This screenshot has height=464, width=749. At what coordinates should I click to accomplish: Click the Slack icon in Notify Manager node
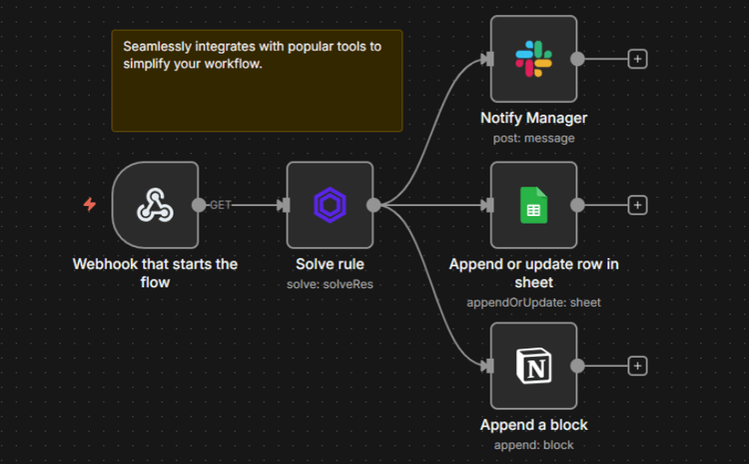tap(533, 58)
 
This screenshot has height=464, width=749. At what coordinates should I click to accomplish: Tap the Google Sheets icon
tap(533, 205)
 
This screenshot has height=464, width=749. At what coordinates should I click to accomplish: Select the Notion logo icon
tap(533, 367)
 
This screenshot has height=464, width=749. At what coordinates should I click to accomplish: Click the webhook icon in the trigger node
tap(155, 205)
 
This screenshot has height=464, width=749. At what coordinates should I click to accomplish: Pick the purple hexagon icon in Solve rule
tap(330, 205)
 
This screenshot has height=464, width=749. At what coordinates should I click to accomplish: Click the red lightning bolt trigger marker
tap(90, 205)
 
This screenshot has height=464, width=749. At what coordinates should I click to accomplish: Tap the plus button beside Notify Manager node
tap(638, 58)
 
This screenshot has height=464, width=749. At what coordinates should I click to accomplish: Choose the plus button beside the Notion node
tap(638, 367)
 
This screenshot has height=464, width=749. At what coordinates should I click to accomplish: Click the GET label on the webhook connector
tap(221, 205)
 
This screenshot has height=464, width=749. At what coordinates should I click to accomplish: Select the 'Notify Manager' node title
tap(533, 118)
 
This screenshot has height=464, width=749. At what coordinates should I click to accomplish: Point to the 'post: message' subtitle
tap(533, 138)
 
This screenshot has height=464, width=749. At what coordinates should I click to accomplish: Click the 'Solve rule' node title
tap(330, 265)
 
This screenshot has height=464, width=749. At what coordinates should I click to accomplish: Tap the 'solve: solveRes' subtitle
tap(330, 284)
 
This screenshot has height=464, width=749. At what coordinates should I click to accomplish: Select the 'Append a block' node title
tap(533, 425)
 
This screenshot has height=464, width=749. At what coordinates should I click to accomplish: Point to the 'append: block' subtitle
tap(533, 445)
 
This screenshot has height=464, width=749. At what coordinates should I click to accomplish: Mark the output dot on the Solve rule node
tap(374, 205)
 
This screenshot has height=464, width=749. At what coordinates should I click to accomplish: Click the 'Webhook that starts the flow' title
tap(155, 273)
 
